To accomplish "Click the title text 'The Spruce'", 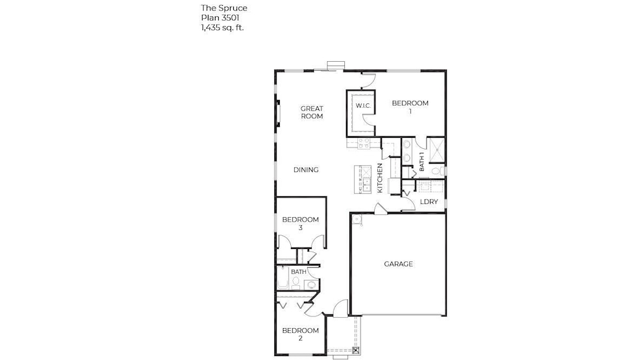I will coord(223,8).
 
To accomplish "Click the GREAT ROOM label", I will coord(312,112).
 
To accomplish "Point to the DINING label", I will coord(306,170).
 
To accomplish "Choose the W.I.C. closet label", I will coord(362,105).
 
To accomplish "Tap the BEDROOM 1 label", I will coord(410,107).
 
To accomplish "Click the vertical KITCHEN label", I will coord(380,178).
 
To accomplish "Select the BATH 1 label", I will coord(421,162).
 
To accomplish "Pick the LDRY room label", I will coord(429,202).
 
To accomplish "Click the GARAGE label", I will coord(398,264).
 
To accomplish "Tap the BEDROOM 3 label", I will coord(300,224).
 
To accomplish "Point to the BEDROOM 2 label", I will coord(300,334).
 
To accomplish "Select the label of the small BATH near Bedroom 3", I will coord(298,272).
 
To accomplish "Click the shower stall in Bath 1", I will coord(436,149).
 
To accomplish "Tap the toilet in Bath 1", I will coord(436,170).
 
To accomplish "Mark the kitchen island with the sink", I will coord(359,179).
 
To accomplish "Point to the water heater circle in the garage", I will coord(357,220).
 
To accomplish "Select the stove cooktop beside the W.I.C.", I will coord(362,143).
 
